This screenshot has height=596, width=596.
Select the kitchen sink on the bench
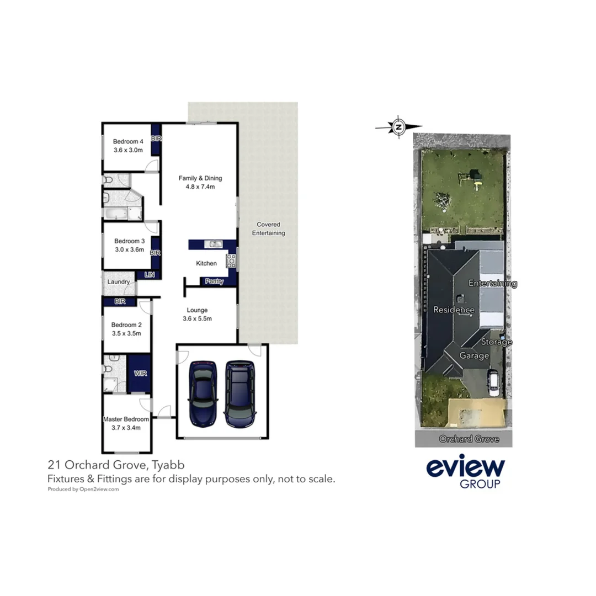point(212,244)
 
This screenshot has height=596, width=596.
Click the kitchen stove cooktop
point(232,260)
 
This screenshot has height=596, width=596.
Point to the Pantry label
point(214,281)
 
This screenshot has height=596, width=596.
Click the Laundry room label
point(119,281)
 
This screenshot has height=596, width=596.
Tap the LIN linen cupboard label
point(149,274)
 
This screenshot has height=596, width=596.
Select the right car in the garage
point(240,394)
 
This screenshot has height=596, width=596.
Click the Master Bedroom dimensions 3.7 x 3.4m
point(126,427)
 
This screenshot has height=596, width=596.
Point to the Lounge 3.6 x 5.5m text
point(198,314)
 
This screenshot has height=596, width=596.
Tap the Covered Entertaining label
point(268,228)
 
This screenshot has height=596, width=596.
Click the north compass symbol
point(398,127)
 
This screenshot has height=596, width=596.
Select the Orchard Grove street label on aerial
point(469,439)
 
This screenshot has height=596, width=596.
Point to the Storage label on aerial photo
point(496,342)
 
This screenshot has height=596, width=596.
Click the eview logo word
point(465,469)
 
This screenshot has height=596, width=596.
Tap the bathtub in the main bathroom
point(115,214)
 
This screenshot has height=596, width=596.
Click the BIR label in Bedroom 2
point(120,301)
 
